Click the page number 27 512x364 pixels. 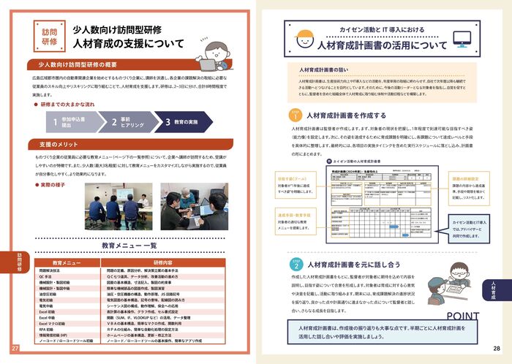15,348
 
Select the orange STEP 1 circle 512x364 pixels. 294,115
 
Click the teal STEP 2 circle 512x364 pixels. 294,263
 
